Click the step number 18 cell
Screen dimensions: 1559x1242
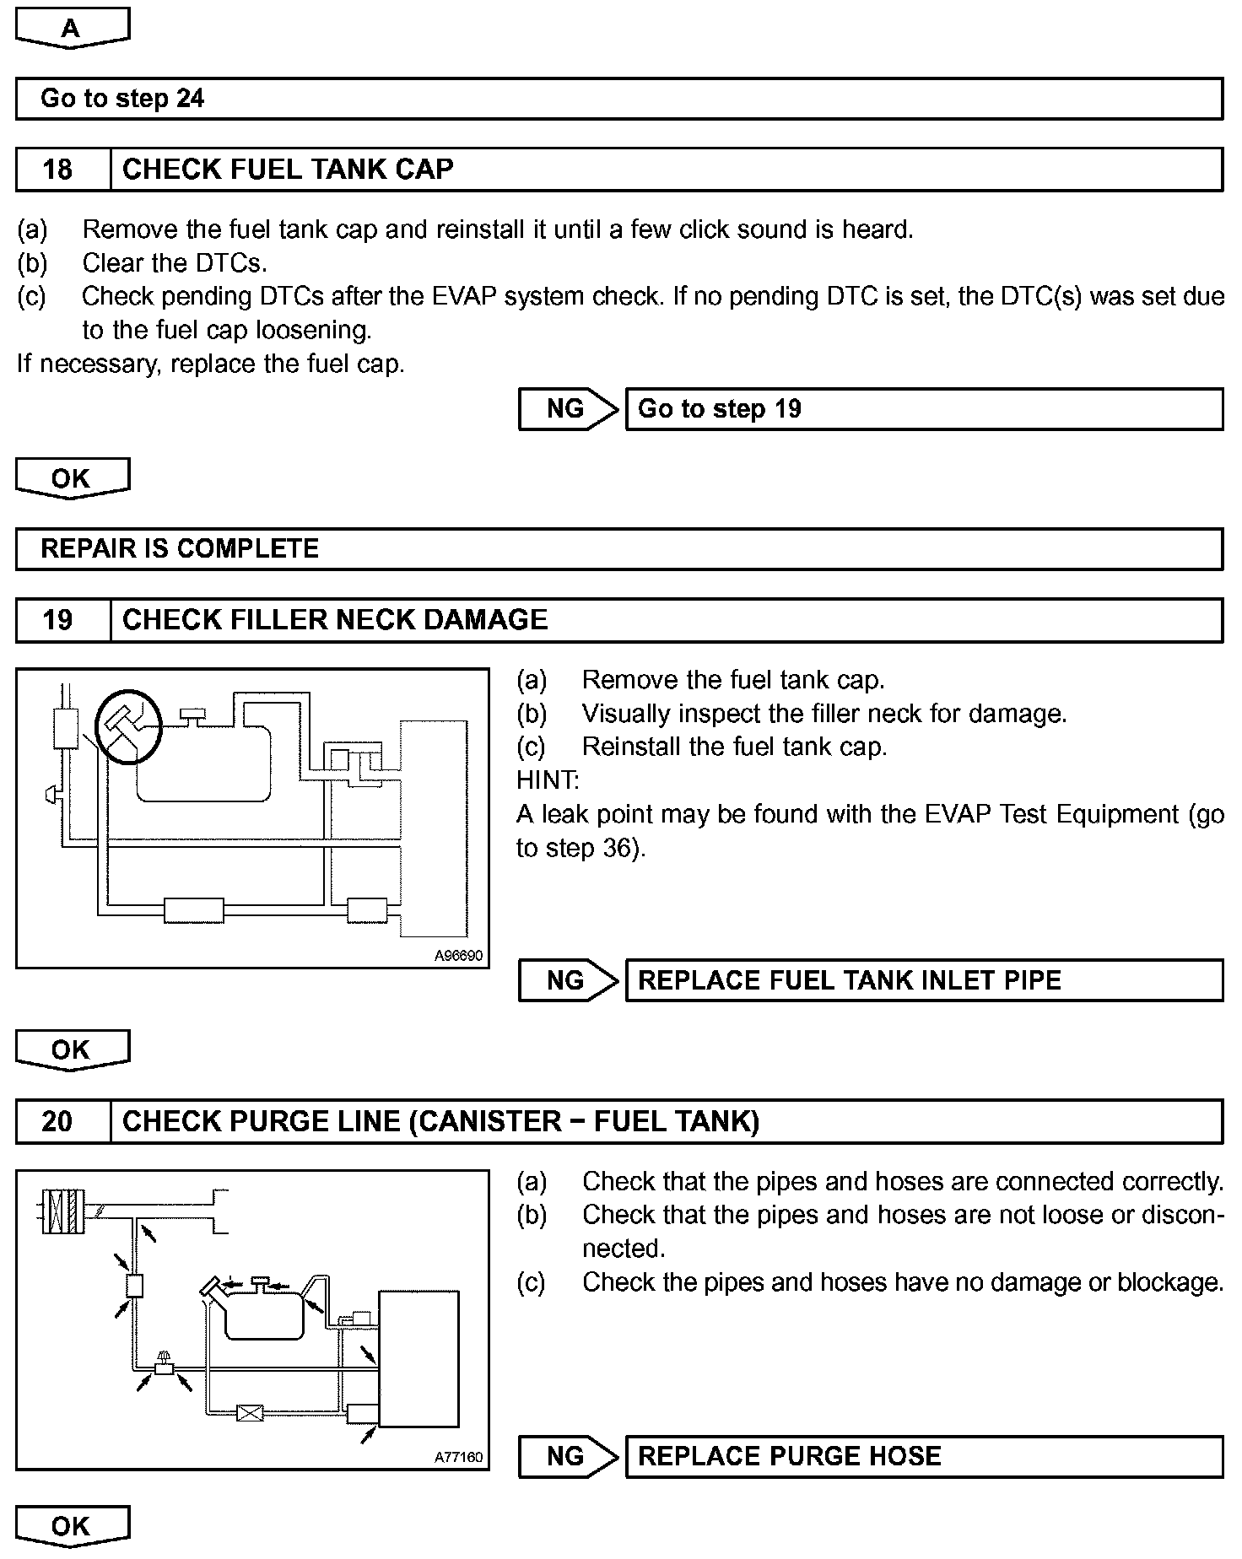click(x=57, y=170)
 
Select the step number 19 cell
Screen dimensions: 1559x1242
click(x=57, y=621)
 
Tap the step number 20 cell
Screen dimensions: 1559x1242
click(x=57, y=1122)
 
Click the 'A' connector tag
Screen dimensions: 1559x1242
click(x=72, y=29)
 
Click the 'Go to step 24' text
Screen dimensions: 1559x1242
click(x=122, y=99)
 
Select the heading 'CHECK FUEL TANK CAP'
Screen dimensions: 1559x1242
click(x=288, y=170)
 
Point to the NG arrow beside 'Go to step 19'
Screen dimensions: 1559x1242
click(x=568, y=409)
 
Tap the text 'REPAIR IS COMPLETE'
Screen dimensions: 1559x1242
click(x=180, y=549)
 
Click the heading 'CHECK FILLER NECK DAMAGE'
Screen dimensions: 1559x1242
click(x=335, y=621)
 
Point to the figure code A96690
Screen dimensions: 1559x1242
click(x=458, y=956)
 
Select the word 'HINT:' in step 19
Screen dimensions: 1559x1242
click(x=548, y=780)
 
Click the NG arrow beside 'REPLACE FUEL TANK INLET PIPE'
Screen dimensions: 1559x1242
click(x=568, y=980)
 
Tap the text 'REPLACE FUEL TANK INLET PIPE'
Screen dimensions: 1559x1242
click(x=850, y=980)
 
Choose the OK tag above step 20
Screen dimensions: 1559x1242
click(x=72, y=1049)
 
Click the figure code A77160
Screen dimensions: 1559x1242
click(x=458, y=1457)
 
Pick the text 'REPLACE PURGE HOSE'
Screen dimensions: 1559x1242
click(x=790, y=1456)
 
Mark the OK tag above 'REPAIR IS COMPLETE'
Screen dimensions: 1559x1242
click(x=72, y=478)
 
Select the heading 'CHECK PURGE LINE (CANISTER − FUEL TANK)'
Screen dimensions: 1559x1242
click(x=441, y=1122)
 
